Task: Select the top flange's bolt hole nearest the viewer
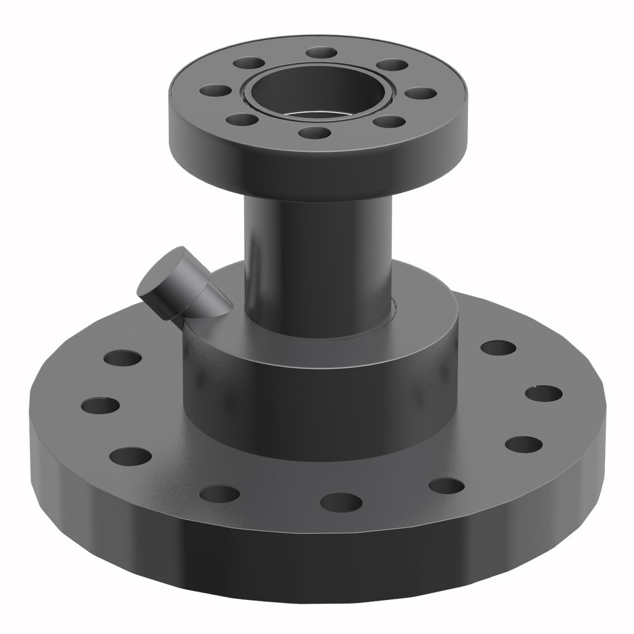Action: pos(313,132)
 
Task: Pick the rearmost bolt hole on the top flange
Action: pos(321,53)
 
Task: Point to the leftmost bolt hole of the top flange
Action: pos(215,90)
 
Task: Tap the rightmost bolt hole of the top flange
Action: pos(421,93)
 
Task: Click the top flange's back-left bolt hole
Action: pos(248,63)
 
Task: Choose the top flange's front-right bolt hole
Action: pos(389,122)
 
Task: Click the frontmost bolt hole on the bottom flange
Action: pos(340,502)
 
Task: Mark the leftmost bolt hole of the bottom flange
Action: pos(100,405)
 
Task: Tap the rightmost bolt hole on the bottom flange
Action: pos(543,393)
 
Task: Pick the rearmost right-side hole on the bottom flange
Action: pos(498,348)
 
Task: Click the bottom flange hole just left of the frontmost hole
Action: pos(219,494)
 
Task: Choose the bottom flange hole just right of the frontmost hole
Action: pos(446,485)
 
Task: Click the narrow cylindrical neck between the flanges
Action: pos(317,264)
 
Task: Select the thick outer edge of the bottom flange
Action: pos(317,564)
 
